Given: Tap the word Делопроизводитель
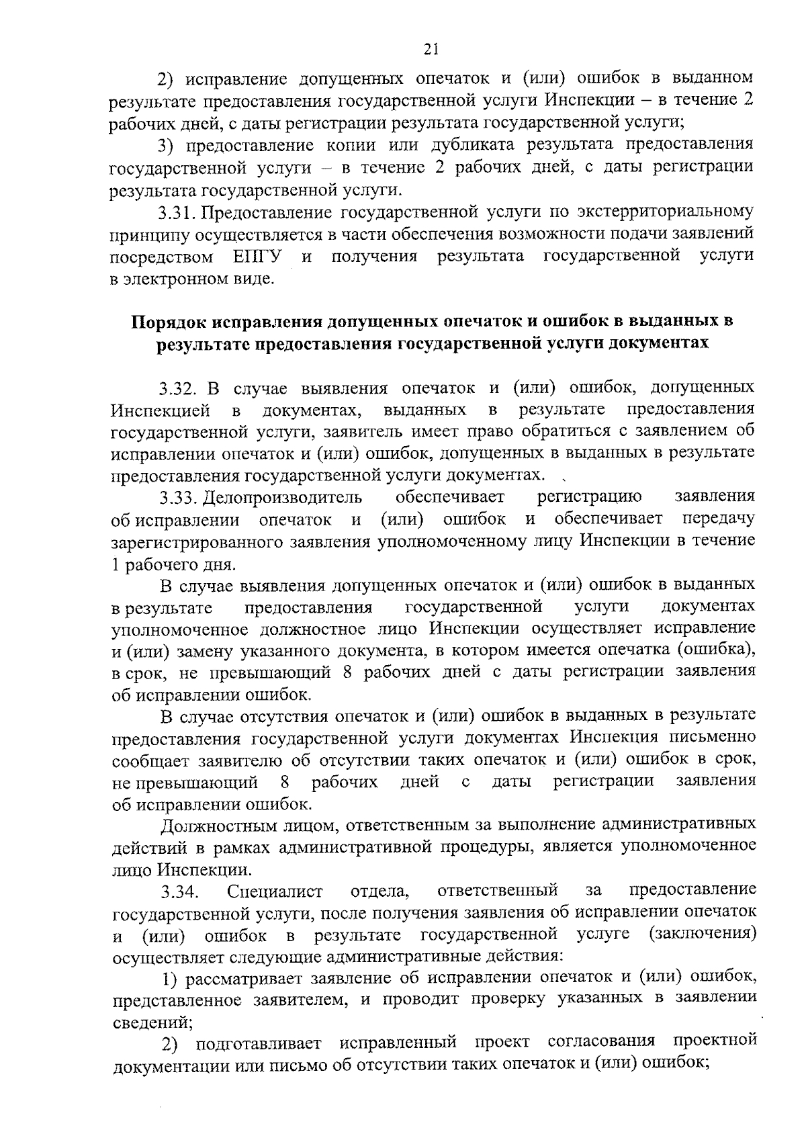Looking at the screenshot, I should pos(282,498).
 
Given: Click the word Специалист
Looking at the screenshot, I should pos(275,892).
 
